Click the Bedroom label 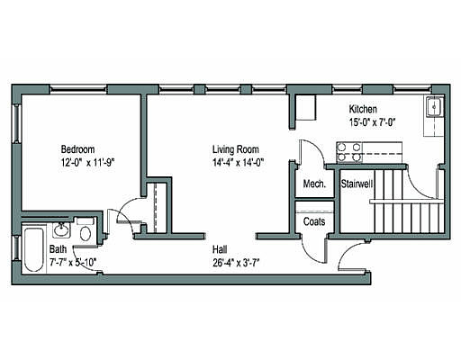[x=77, y=149]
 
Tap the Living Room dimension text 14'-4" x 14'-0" [x=238, y=163]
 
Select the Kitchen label [x=363, y=109]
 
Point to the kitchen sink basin [x=434, y=106]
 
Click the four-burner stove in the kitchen [x=348, y=152]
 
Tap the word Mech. [x=314, y=184]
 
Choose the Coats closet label [x=314, y=221]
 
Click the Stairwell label [x=357, y=184]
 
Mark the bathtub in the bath [x=33, y=250]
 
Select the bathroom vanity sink [x=62, y=230]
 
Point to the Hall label [x=220, y=249]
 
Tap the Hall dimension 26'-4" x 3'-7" [x=236, y=263]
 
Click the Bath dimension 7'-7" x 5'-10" [x=73, y=263]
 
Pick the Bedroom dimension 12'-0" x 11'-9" [x=88, y=163]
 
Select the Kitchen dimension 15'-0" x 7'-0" [x=372, y=122]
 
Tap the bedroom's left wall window [x=15, y=123]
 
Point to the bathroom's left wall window [x=15, y=248]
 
